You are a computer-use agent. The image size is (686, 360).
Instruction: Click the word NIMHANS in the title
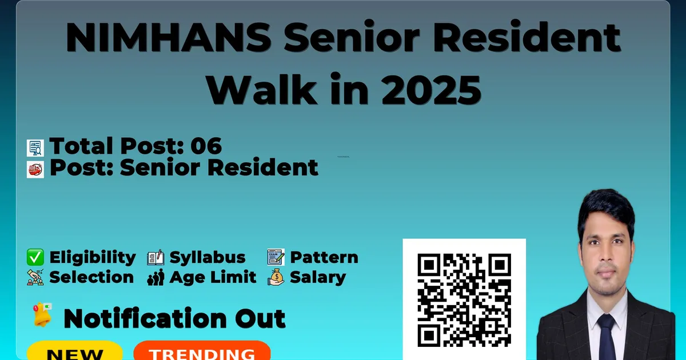169,37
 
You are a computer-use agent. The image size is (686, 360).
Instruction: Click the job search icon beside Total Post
35,148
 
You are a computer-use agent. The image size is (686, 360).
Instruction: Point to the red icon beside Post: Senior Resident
35,170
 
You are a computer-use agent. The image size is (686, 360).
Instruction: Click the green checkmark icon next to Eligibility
35,257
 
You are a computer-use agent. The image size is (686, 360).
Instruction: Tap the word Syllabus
208,258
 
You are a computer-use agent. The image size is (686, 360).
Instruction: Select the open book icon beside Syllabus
155,257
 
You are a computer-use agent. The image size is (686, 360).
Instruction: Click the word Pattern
324,257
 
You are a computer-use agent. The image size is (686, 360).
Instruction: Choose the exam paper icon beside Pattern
276,257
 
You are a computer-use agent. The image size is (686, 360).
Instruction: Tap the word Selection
91,277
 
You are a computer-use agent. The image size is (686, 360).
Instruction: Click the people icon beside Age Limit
155,277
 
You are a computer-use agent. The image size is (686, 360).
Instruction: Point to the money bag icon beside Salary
276,277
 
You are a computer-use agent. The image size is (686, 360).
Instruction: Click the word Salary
318,278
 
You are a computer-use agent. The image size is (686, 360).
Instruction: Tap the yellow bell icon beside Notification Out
42,315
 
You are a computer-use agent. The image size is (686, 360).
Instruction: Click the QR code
464,300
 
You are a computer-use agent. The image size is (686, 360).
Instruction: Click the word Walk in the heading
261,90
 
